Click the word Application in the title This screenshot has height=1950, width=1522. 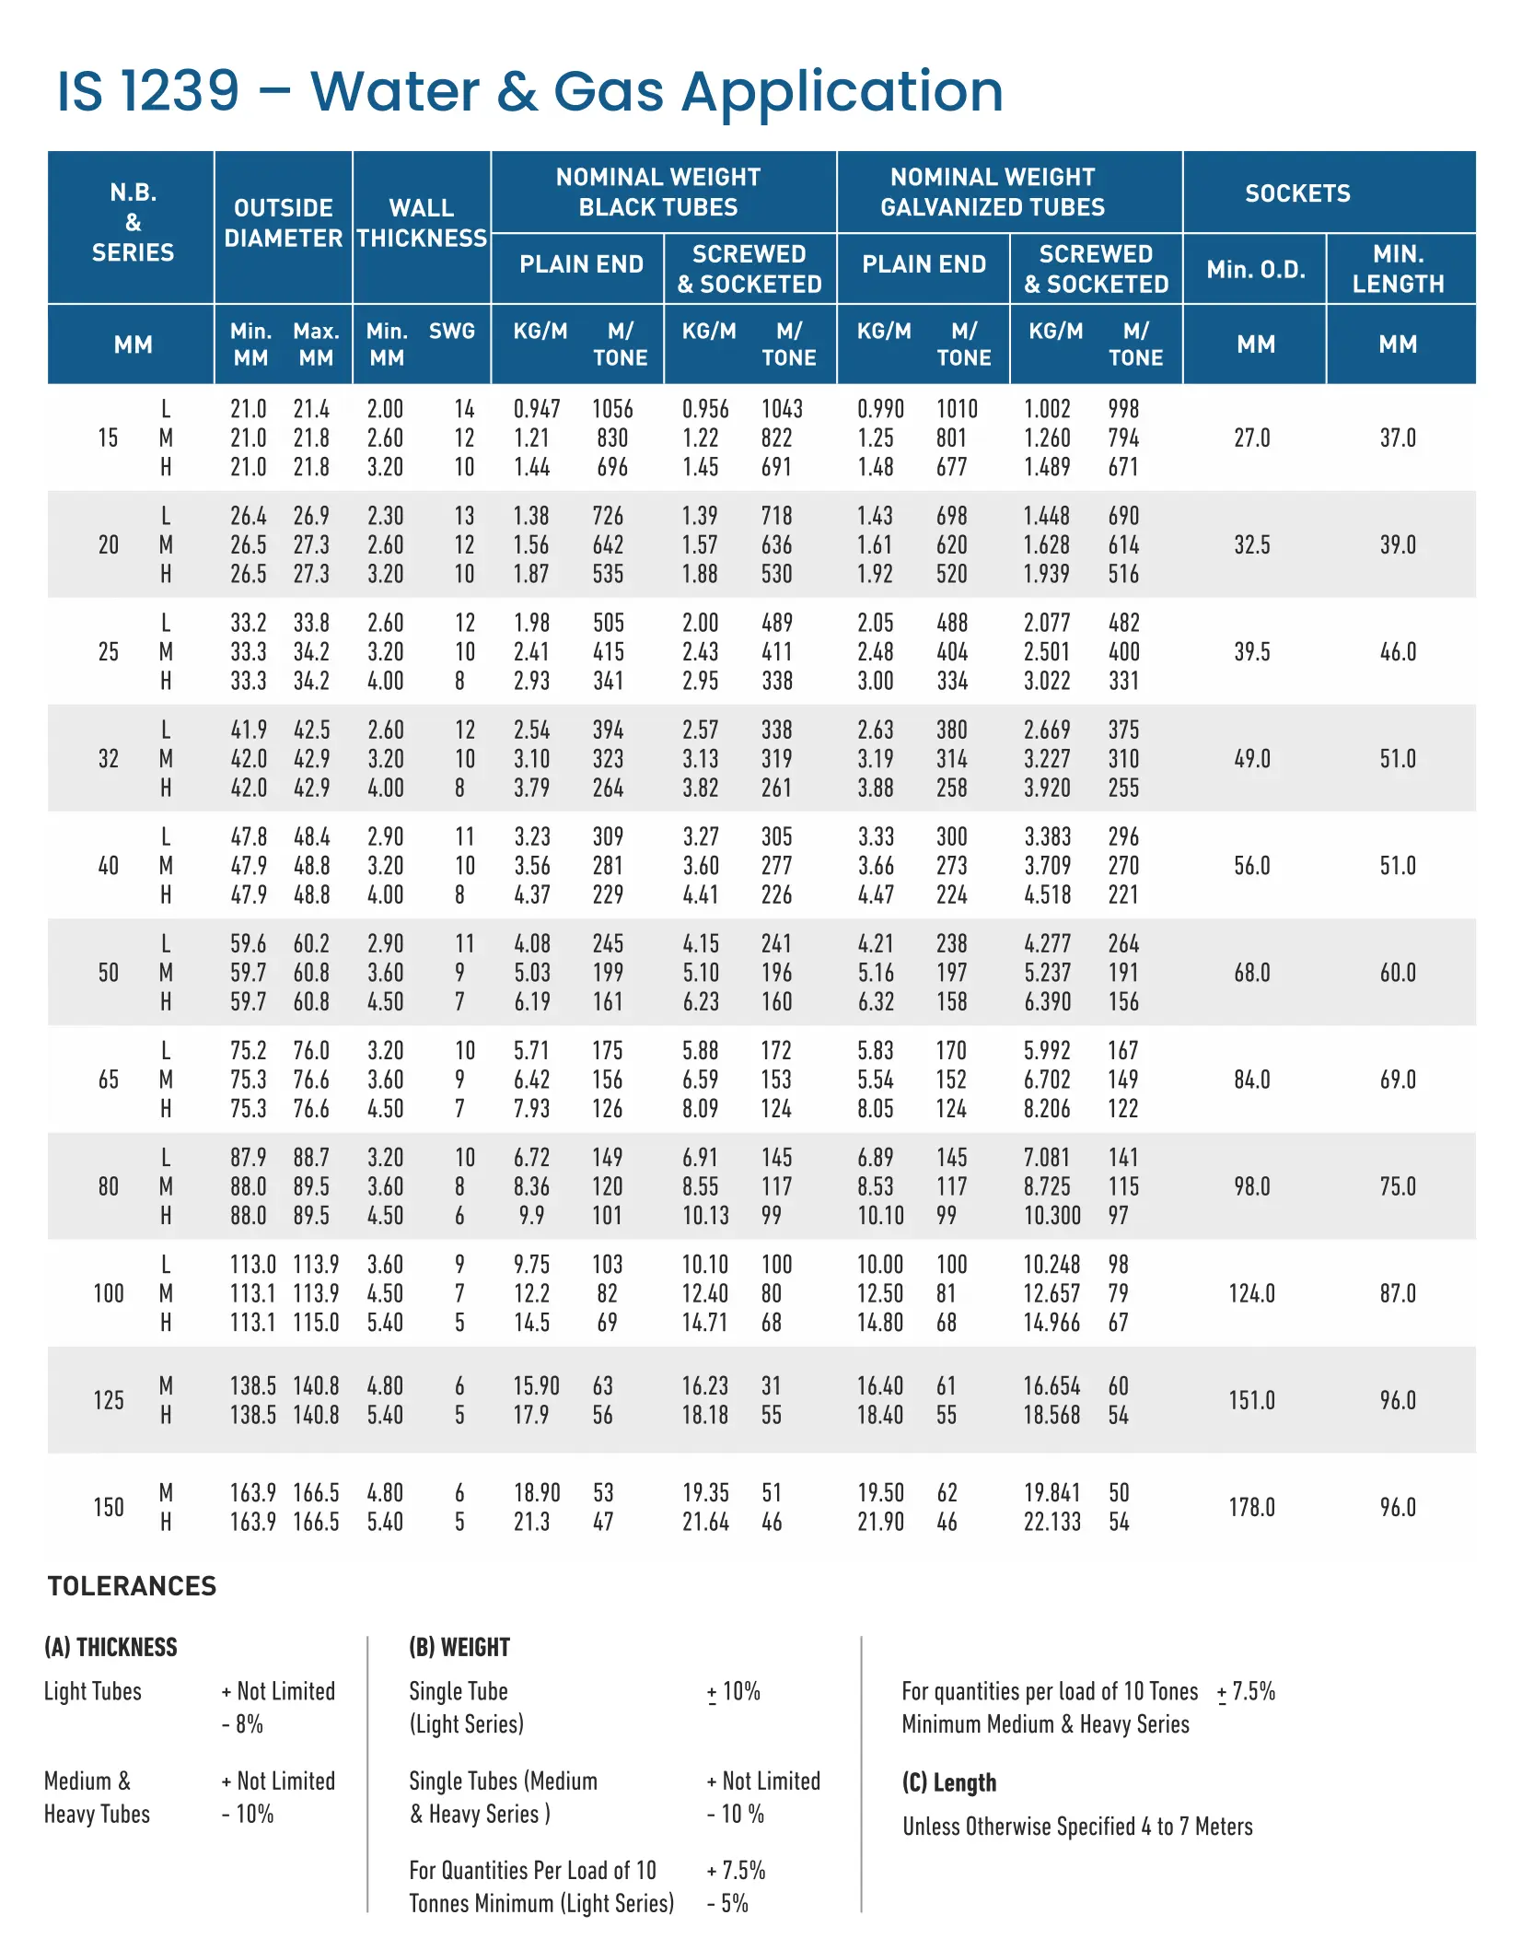(x=842, y=93)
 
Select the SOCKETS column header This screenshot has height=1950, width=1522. (x=1296, y=193)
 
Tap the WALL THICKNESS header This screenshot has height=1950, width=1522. (x=422, y=223)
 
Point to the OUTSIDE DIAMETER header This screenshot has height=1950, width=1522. (x=283, y=223)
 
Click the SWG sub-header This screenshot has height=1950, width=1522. (x=451, y=332)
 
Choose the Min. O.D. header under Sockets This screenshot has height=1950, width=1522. (x=1256, y=270)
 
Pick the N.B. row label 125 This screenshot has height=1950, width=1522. (x=109, y=1400)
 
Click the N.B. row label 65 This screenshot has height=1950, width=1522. (x=109, y=1080)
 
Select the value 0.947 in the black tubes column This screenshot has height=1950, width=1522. (x=537, y=409)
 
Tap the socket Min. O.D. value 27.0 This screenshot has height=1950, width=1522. (x=1251, y=438)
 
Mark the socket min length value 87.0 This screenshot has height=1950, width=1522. (x=1397, y=1293)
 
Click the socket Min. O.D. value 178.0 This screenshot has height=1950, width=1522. (x=1251, y=1507)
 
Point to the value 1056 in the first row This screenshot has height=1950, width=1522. (x=612, y=409)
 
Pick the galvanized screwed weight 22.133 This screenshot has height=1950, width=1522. (x=1051, y=1522)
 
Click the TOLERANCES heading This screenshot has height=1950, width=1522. (x=132, y=1586)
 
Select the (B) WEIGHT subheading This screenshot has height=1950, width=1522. (x=459, y=1647)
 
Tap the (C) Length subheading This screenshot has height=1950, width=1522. (x=948, y=1782)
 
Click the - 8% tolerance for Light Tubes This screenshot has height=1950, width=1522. (x=243, y=1723)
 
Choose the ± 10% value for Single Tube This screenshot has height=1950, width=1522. (x=734, y=1691)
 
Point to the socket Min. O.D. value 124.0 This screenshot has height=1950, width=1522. (x=1251, y=1293)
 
